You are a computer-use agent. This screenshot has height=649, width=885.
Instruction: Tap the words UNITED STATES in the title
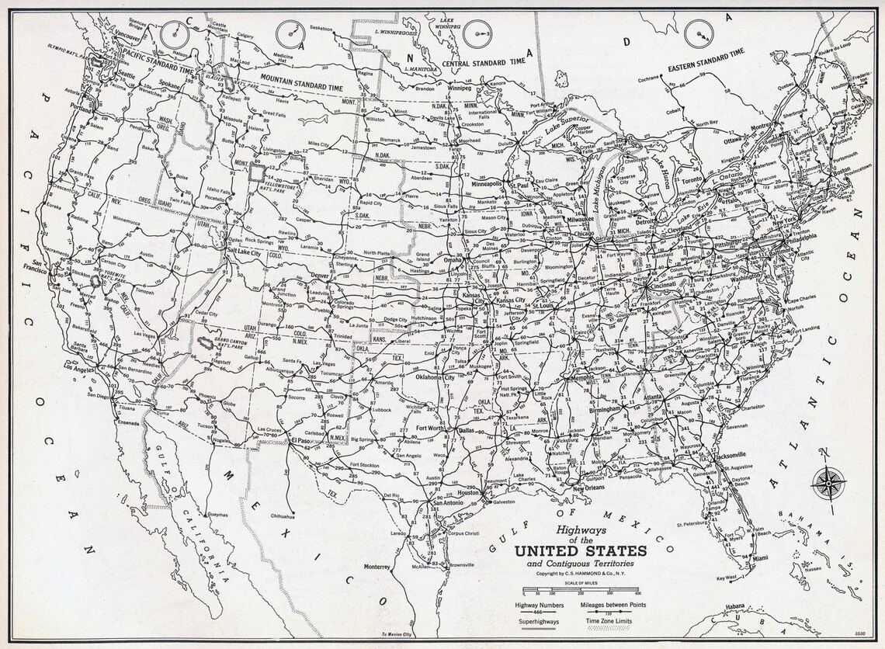coord(571,551)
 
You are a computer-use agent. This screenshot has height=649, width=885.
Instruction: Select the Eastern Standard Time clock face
coord(699,33)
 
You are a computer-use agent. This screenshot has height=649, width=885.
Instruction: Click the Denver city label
coord(320,276)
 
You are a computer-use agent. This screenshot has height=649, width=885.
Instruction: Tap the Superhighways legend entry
coord(534,621)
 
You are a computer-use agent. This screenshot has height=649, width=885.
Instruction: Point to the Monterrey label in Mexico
coord(377,567)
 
